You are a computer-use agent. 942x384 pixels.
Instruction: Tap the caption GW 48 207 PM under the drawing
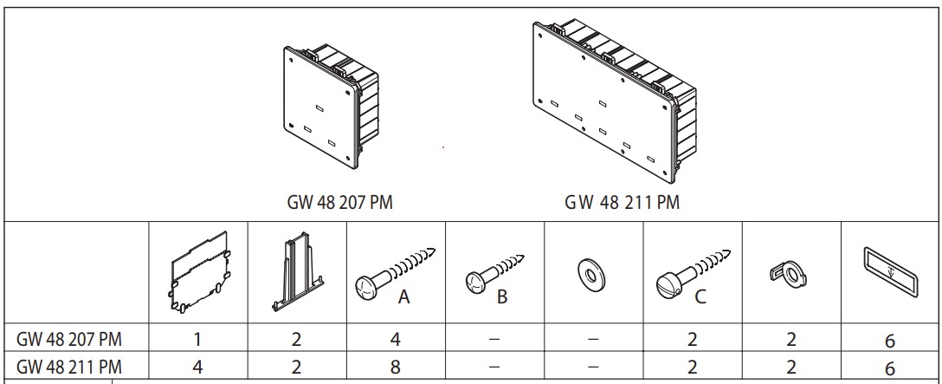tap(341, 202)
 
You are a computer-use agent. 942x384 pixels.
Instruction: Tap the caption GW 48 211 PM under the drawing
tap(623, 202)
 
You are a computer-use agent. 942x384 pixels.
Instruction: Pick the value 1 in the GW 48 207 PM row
tap(198, 342)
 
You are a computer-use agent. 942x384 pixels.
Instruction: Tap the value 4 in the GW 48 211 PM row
tap(198, 367)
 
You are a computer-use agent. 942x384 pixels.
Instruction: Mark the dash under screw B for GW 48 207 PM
tap(494, 342)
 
